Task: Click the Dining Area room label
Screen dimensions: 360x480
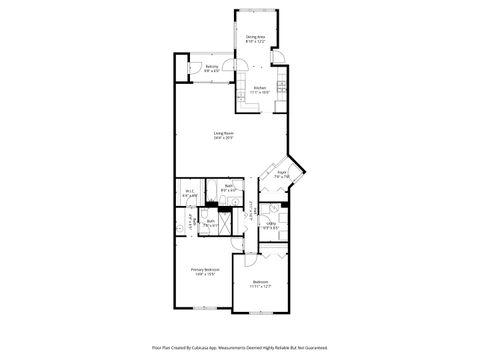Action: click(x=255, y=37)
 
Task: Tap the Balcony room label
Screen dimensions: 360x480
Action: click(x=211, y=67)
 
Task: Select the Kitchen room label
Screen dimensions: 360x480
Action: click(x=259, y=88)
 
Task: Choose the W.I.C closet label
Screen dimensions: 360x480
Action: click(x=189, y=192)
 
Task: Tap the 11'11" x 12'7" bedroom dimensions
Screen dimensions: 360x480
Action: click(x=260, y=287)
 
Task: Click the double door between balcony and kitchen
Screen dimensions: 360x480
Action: click(x=233, y=70)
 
